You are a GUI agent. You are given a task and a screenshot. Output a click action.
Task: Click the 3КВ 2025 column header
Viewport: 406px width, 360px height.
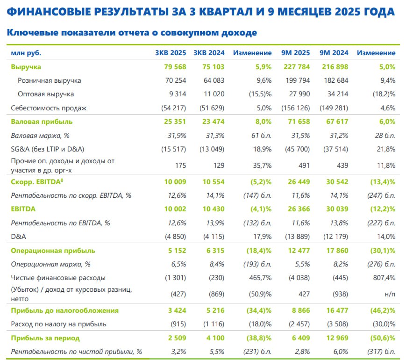coord(171,53)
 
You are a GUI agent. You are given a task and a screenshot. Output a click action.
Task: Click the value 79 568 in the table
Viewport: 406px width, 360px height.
coord(175,67)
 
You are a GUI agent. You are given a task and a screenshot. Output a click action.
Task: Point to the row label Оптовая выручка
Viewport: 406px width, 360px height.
coord(45,94)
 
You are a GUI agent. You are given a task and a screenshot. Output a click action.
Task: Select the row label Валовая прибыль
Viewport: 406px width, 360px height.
coord(41,122)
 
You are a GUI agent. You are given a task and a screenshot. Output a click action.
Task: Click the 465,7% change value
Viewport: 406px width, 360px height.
coord(259,278)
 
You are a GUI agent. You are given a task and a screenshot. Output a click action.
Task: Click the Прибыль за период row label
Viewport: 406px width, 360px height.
coord(45,338)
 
